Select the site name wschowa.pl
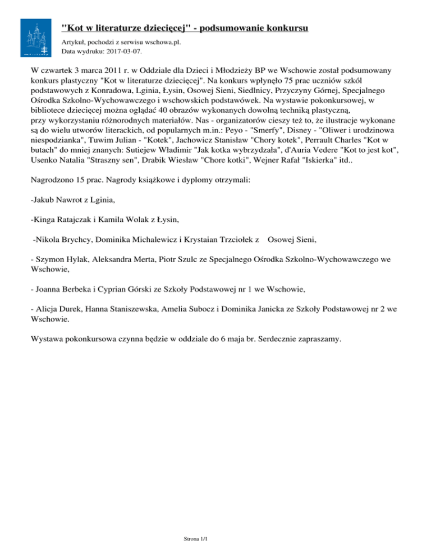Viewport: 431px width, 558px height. [163, 42]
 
